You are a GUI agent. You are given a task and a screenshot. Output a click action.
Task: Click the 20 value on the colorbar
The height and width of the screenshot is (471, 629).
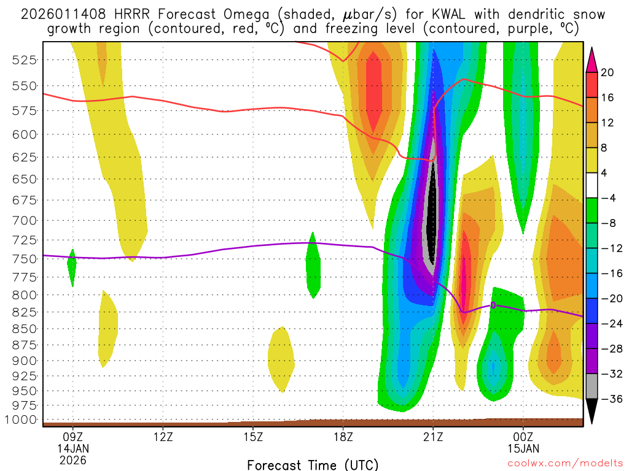click(608, 72)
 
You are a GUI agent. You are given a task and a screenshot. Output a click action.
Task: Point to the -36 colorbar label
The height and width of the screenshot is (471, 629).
click(612, 399)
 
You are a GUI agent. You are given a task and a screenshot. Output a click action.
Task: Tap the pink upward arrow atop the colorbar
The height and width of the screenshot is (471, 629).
click(592, 59)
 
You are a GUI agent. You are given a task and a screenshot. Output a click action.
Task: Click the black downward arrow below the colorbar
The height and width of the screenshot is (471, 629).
click(592, 411)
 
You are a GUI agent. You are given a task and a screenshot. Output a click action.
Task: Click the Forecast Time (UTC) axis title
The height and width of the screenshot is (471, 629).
click(313, 464)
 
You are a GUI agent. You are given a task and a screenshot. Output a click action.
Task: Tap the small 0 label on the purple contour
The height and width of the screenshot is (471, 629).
click(493, 305)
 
